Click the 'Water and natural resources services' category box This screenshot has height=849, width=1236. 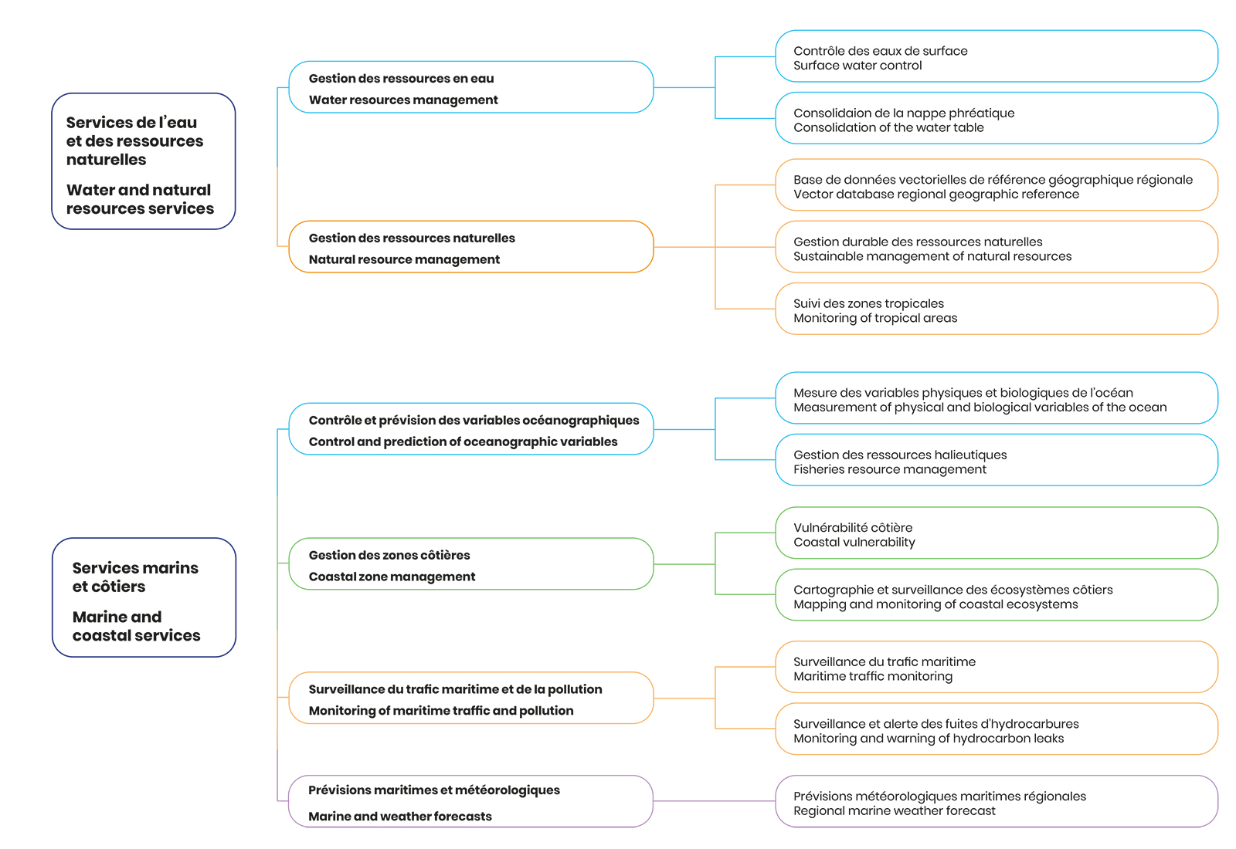click(x=144, y=161)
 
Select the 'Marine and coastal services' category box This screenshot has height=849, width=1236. click(x=144, y=597)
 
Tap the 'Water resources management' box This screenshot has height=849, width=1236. click(x=471, y=87)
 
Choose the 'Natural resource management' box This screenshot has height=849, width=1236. click(x=471, y=247)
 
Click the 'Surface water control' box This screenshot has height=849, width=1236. click(x=997, y=56)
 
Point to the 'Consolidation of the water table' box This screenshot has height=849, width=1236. click(x=997, y=118)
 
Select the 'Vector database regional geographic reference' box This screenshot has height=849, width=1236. click(x=997, y=185)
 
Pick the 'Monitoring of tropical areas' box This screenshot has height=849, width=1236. click(x=997, y=309)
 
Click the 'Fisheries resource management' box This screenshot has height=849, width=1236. click(x=997, y=460)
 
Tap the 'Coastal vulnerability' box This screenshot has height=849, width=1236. click(x=997, y=533)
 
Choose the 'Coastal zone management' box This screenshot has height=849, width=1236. click(x=471, y=564)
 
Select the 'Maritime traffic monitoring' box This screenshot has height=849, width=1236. click(x=997, y=667)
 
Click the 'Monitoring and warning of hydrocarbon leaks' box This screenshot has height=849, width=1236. click(x=997, y=729)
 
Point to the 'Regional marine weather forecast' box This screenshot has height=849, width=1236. click(x=997, y=802)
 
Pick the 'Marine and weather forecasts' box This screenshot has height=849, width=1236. click(x=470, y=802)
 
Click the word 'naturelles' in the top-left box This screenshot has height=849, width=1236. click(x=106, y=160)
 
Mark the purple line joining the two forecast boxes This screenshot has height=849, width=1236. click(x=715, y=801)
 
